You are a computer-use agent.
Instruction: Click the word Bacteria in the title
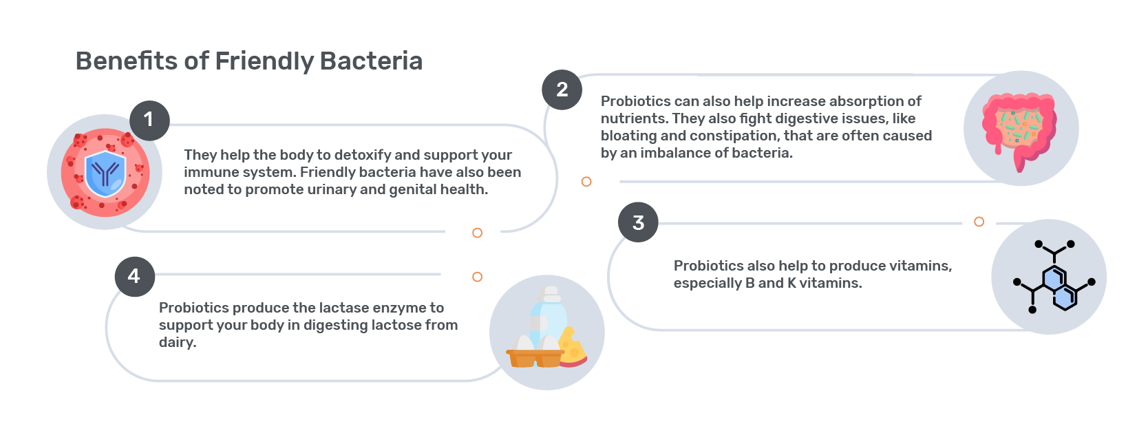pos(371,61)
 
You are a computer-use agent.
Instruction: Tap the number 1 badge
pos(149,120)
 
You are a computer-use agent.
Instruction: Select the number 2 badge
pos(562,90)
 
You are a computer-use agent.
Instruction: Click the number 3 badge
pos(638,222)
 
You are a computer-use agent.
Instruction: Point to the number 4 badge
pos(134,277)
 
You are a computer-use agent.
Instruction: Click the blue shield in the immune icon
pos(105,174)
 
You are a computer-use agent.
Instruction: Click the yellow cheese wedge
pos(573,347)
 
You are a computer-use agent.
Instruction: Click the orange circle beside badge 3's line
pos(979,222)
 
